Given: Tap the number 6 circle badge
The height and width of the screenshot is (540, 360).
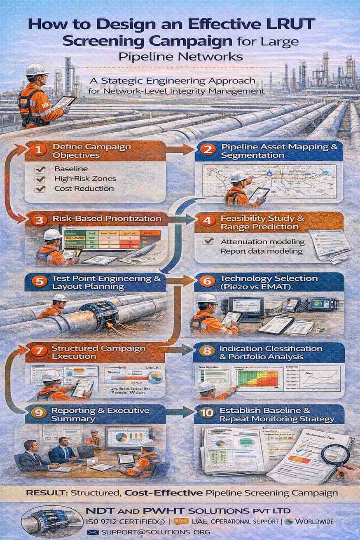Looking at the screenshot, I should (x=207, y=281).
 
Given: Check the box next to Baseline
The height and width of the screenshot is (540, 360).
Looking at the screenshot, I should (x=40, y=169).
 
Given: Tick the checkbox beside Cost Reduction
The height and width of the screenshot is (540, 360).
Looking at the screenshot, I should (x=40, y=189).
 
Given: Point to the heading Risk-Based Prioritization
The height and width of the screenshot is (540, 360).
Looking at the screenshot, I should (x=107, y=218).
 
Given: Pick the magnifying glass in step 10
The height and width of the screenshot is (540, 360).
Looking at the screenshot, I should (x=335, y=455).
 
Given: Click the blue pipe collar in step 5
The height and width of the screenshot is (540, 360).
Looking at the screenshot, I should (x=99, y=315).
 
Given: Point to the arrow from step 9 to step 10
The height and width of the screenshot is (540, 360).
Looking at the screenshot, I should (x=181, y=411).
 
